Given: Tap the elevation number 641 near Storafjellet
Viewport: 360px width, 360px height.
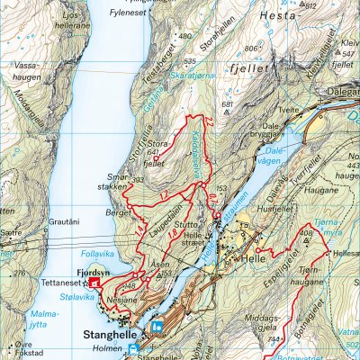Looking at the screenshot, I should tap(154, 152).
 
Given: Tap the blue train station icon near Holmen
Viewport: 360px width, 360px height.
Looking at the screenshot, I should tap(134, 348).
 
